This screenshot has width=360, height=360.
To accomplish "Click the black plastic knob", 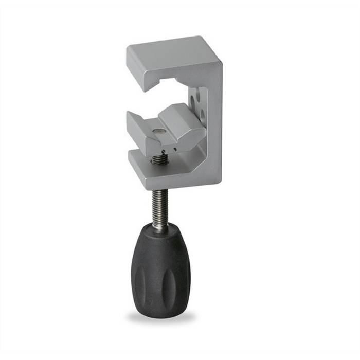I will click(x=160, y=267).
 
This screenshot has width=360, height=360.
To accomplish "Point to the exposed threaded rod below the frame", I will click(x=159, y=206).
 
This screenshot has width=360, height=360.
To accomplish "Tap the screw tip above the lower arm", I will click(x=159, y=159).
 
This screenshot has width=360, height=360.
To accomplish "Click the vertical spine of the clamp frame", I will click(x=214, y=123).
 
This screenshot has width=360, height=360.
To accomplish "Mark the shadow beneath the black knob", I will click(x=160, y=316).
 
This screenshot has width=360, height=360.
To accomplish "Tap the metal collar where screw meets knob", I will click(x=160, y=227).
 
